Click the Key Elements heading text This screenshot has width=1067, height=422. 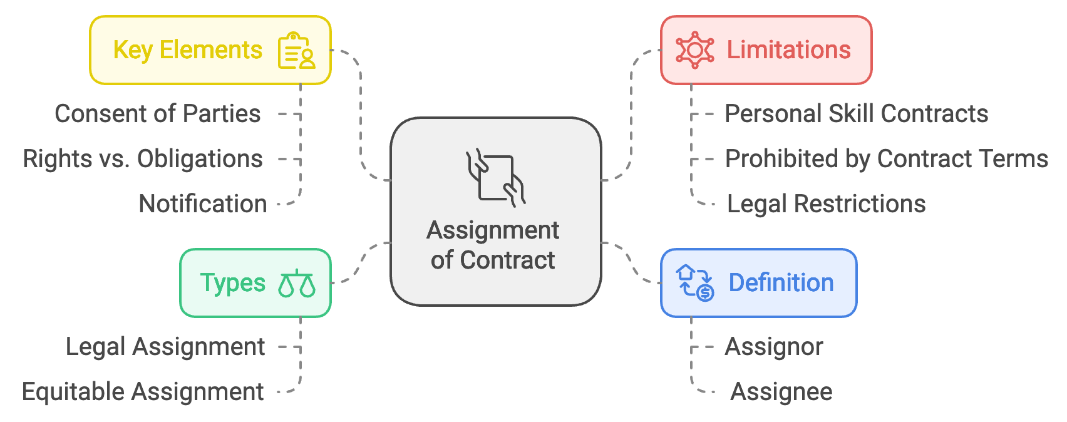click(x=187, y=50)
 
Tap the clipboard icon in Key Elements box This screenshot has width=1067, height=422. click(x=296, y=51)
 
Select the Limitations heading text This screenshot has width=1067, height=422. click(x=788, y=50)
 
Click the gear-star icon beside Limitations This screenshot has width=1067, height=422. click(x=694, y=50)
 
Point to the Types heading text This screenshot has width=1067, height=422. click(x=233, y=283)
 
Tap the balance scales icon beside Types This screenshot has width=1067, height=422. click(x=297, y=284)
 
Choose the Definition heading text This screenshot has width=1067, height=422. click(x=781, y=283)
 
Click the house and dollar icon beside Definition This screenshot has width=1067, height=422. click(x=695, y=283)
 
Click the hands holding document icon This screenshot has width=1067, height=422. click(x=495, y=178)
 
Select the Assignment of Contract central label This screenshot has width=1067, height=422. click(x=493, y=245)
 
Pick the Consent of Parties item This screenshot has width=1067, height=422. click(x=158, y=114)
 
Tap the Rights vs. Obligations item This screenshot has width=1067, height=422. click(x=143, y=159)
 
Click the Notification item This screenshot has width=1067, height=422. click(x=203, y=204)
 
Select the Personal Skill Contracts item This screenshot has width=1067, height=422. click(x=856, y=114)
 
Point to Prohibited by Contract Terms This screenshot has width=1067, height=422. click(x=886, y=159)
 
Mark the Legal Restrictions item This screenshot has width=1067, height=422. click(x=826, y=204)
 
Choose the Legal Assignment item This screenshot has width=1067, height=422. click(x=165, y=347)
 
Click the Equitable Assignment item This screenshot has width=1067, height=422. click(x=143, y=392)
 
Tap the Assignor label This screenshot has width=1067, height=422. click(x=774, y=347)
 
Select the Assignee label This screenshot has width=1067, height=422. click(x=781, y=392)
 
